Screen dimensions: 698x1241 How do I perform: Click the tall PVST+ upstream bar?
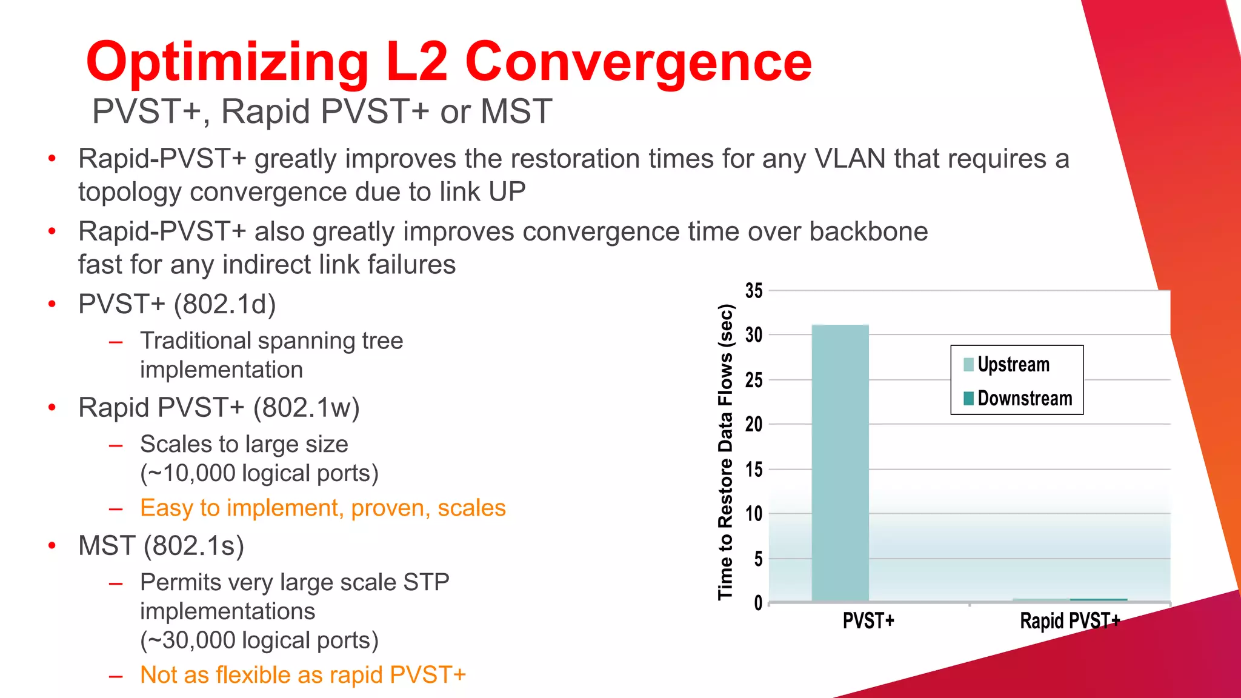840,464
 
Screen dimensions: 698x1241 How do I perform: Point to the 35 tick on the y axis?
754,291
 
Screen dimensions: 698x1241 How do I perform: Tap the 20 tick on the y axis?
754,424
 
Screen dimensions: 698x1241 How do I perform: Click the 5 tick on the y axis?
758,559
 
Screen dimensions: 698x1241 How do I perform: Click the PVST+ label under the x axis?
868,621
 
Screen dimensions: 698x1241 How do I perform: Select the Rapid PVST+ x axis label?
1070,621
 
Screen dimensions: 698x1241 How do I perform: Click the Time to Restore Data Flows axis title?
725,451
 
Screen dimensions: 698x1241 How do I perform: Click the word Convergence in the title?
637,62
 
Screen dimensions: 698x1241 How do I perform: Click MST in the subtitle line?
516,112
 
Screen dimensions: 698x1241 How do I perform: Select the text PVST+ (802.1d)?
177,304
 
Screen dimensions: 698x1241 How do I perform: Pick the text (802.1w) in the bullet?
306,408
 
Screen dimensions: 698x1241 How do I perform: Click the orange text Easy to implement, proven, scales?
322,508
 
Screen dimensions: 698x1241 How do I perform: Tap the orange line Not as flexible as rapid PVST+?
302,675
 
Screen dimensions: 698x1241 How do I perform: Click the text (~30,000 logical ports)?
259,640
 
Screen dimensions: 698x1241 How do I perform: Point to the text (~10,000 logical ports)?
259,473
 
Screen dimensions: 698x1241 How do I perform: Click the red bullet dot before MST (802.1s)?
52,546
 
